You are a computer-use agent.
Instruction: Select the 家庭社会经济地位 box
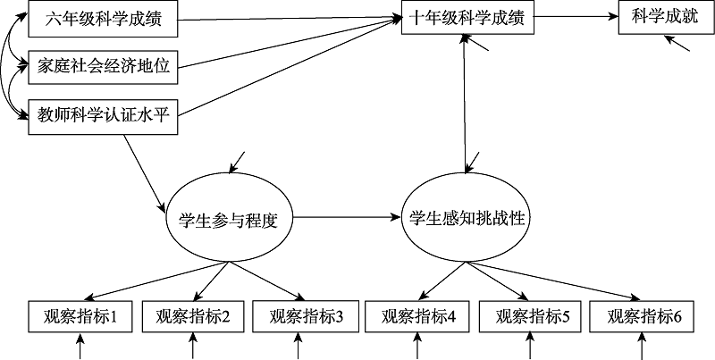[104, 64]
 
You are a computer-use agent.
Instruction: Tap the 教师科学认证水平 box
[104, 114]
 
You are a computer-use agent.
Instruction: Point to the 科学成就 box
[660, 16]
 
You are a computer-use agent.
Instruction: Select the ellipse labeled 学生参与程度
[230, 218]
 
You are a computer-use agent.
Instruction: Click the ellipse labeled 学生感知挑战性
[466, 218]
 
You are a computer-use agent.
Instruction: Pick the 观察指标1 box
[80, 315]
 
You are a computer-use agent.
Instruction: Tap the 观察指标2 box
[193, 315]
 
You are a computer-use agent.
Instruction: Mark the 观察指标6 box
[643, 315]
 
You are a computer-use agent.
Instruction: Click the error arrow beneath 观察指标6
[643, 346]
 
